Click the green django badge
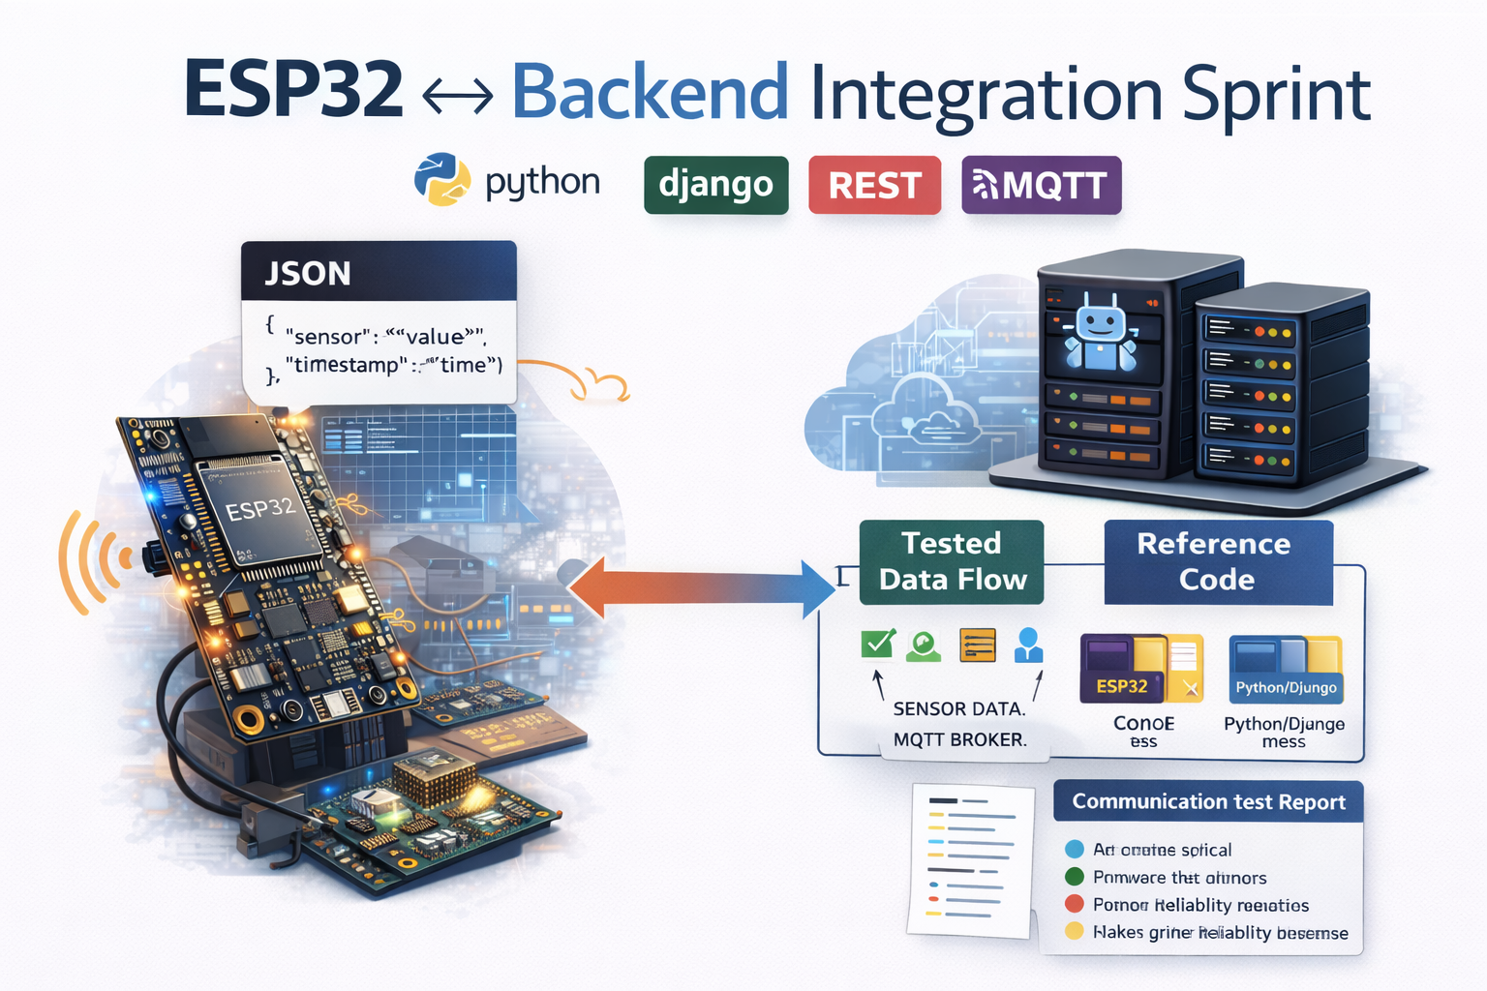715,184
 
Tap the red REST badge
874,185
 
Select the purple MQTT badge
1041,185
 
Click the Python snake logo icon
442,179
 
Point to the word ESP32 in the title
293,91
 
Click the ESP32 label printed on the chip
259,508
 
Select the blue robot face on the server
1101,335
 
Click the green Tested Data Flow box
951,561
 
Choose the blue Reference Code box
1217,561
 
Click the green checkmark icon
878,644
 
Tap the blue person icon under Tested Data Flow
1028,645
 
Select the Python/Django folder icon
1286,668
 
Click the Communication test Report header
1208,801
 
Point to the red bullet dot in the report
1074,904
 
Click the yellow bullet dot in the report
1074,932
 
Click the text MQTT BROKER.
959,739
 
